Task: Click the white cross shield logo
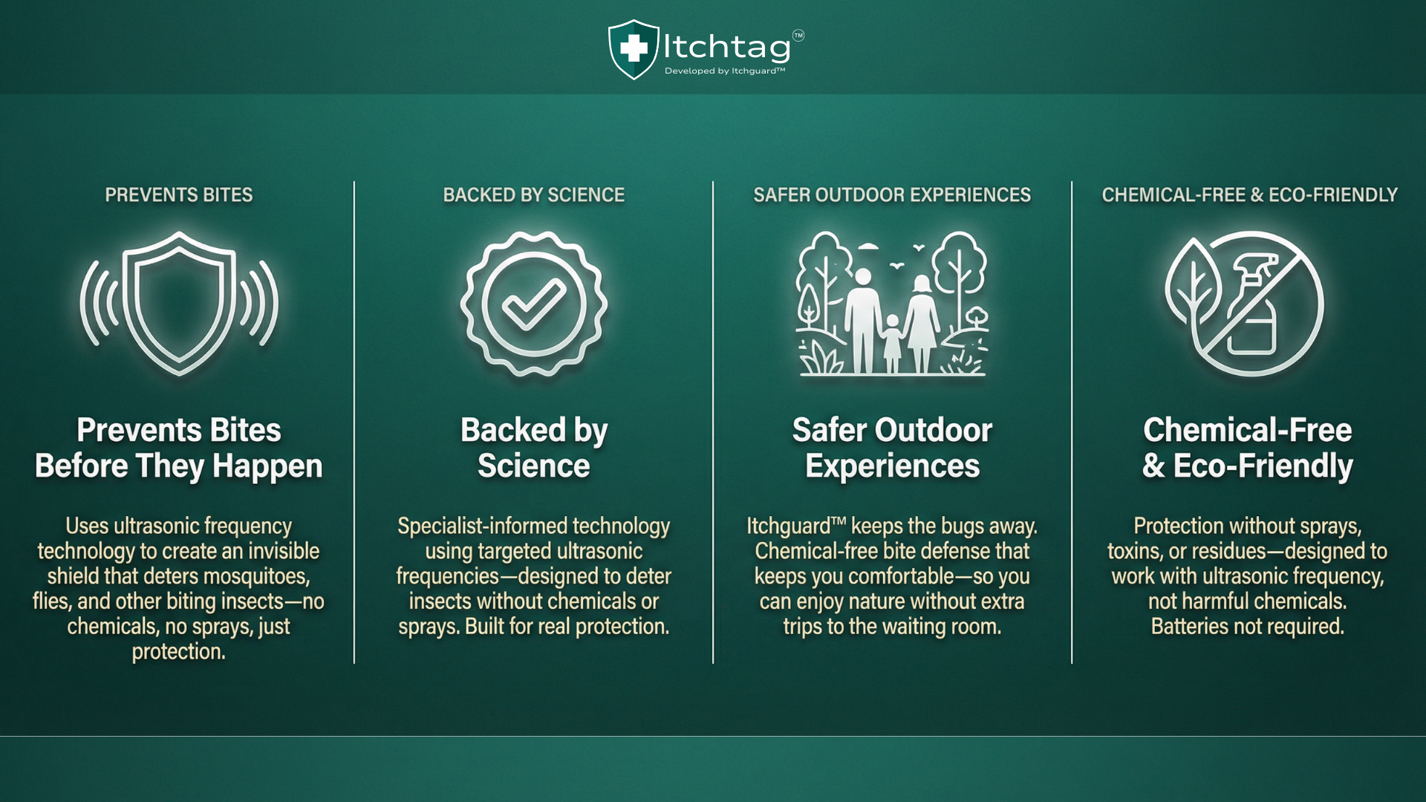click(634, 49)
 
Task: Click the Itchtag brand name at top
click(726, 47)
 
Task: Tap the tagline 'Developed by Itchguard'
click(724, 71)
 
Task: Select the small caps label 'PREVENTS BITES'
click(179, 195)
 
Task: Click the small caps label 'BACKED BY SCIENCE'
click(534, 195)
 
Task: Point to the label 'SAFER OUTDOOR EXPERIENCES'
click(892, 195)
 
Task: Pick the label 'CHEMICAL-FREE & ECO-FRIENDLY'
click(1250, 195)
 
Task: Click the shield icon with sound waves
click(179, 303)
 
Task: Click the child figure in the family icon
click(892, 343)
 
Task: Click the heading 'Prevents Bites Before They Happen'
click(179, 448)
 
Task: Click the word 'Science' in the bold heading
click(534, 466)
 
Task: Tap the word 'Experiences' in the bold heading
click(893, 466)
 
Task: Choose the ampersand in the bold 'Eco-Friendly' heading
click(1153, 466)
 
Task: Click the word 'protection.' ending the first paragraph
click(179, 651)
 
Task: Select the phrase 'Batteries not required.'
click(1248, 626)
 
